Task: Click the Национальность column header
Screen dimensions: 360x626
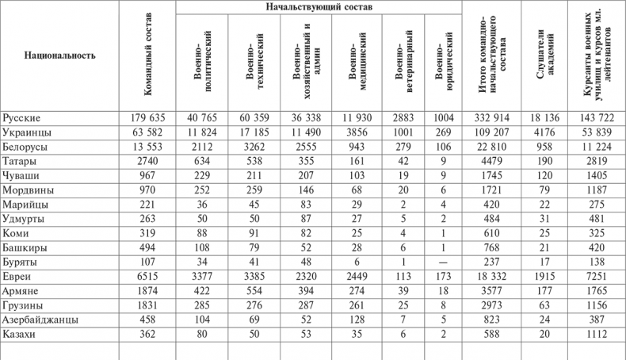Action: [x=60, y=56]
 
